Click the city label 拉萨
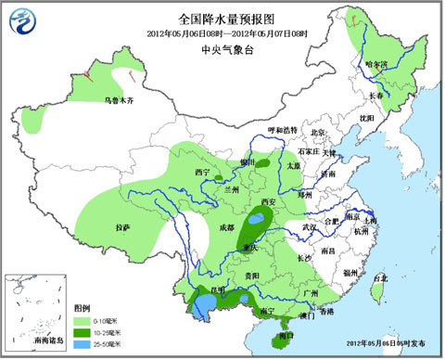(122, 227)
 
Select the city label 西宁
(202, 174)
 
